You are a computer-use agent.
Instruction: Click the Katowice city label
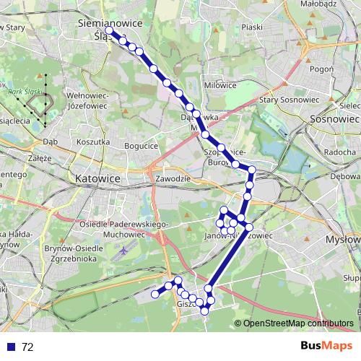tap(97, 176)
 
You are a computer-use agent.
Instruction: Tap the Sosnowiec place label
tap(334, 118)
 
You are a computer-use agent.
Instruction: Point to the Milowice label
tap(220, 85)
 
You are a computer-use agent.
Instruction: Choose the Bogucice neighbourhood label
tap(142, 146)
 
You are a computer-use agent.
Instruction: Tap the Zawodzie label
tap(172, 178)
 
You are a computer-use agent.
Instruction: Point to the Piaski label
tap(252, 27)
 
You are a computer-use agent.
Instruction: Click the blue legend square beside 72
tap(11, 347)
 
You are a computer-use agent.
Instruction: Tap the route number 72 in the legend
tap(27, 347)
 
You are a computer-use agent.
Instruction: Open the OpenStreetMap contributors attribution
tap(298, 323)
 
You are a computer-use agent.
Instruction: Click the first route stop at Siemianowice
tap(109, 30)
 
